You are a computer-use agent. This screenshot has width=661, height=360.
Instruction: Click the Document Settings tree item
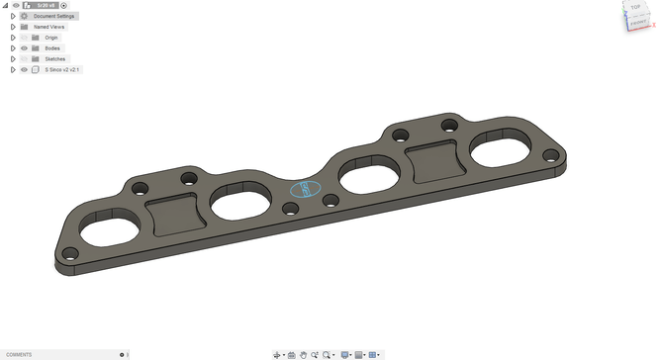(x=53, y=16)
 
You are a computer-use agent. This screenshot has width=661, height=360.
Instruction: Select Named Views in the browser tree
(x=48, y=27)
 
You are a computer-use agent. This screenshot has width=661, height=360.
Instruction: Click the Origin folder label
(x=51, y=38)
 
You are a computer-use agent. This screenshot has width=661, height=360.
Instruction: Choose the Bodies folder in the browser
(x=52, y=48)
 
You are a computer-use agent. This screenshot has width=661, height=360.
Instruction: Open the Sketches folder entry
(x=54, y=59)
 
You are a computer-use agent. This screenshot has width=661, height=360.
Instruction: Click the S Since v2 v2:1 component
(x=61, y=70)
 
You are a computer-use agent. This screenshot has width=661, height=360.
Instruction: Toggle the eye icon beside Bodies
(x=24, y=48)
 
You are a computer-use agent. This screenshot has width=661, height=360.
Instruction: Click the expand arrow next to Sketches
(x=13, y=59)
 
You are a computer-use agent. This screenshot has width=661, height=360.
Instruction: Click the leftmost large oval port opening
(x=103, y=233)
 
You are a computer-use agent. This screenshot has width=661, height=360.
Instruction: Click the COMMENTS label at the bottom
(x=19, y=354)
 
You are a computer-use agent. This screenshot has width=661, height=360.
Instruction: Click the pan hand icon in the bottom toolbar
(x=304, y=354)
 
